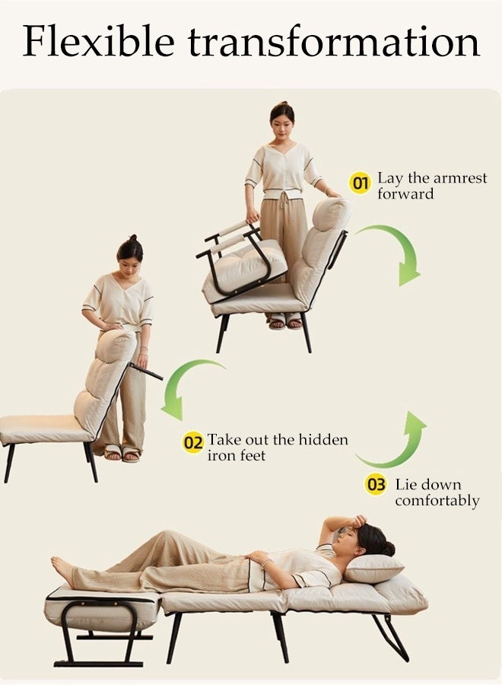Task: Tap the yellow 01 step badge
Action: click(359, 183)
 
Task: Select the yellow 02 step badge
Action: click(193, 442)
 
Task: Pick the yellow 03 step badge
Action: click(376, 485)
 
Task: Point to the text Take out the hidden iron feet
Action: click(277, 447)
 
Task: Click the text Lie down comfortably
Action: click(437, 492)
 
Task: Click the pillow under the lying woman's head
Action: click(375, 568)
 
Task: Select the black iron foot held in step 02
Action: click(146, 371)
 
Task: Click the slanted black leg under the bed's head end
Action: click(391, 636)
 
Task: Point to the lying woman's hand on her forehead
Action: click(349, 523)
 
